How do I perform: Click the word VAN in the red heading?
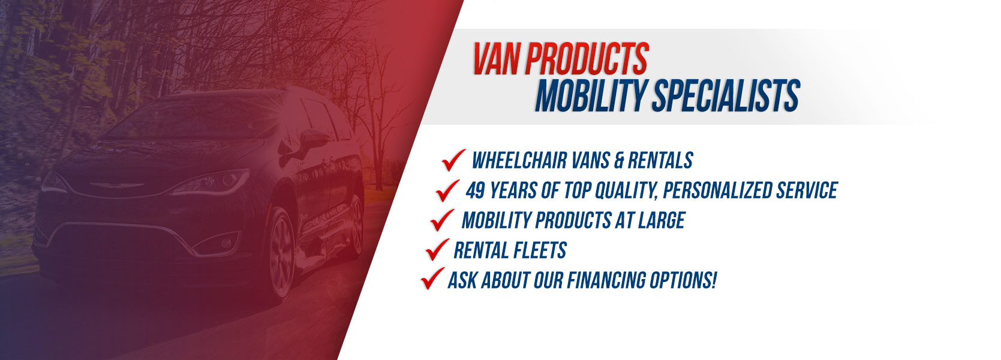[497, 59]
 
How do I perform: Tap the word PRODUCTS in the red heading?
[587, 59]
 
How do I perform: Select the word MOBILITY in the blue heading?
[590, 96]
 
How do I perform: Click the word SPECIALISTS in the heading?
[726, 96]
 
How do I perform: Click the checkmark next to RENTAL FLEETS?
[437, 249]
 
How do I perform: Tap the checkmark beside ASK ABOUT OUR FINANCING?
[432, 278]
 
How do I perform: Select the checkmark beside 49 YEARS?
[447, 190]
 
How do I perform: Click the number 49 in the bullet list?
[475, 191]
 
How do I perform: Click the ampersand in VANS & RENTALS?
[619, 161]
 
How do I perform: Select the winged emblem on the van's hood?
[116, 185]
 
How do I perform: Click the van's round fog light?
[227, 243]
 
